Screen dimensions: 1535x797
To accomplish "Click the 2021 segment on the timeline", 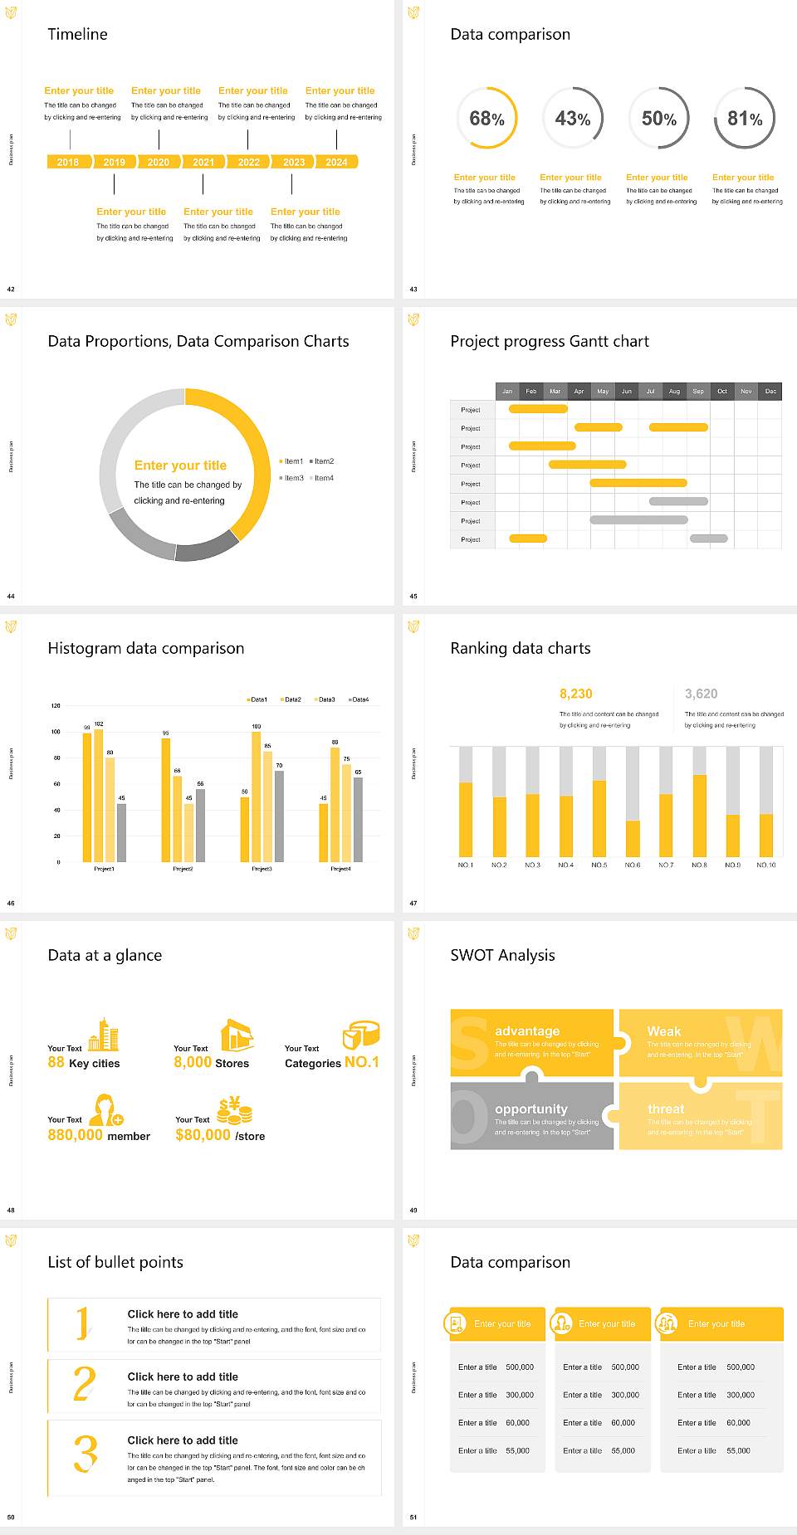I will coord(203,163).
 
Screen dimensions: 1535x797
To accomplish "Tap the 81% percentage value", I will coord(744,119).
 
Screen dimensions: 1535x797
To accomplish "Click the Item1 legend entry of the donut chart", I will coord(292,461).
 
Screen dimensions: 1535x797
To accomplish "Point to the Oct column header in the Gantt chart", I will coord(722,391).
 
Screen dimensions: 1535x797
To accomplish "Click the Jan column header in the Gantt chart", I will coord(507,391).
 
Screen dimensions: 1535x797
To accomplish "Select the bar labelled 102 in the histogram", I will coord(99,794).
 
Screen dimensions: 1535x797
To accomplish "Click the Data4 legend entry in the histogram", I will coord(359,699).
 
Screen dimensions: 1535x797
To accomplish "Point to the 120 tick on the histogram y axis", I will coord(56,706).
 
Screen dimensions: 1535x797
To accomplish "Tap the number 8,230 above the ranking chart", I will coord(576,694).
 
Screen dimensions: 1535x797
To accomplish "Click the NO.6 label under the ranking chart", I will coord(633,865).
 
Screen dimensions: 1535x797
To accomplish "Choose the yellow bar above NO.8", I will coord(699,815).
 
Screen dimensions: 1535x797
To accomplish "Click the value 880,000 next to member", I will coord(76,1135).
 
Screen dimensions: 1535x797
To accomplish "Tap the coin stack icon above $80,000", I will coord(234,1110).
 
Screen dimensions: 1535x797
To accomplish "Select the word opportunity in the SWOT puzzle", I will coord(531,1109).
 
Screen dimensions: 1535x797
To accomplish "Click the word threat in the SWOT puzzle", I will coord(666,1109).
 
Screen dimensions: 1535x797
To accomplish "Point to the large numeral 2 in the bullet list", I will coord(85,1384).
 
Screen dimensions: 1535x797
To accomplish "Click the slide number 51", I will coord(413,1518).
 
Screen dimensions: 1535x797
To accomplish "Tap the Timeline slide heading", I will coord(77,34).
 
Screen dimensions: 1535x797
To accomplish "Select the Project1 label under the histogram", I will coord(104,869).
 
